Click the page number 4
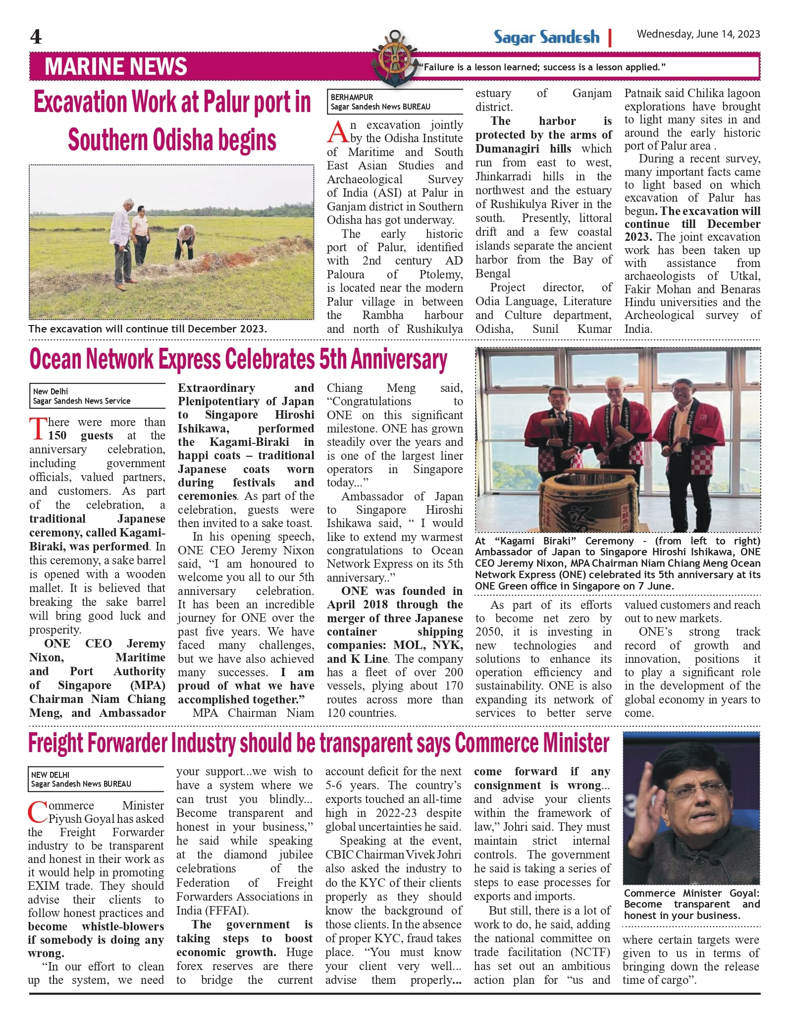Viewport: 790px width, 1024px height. coord(36,37)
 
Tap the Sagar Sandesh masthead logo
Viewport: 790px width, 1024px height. coord(546,37)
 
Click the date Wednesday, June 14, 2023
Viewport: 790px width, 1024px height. coord(698,34)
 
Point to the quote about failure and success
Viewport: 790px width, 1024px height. coord(542,67)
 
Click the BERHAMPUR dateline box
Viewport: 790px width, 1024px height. coord(394,102)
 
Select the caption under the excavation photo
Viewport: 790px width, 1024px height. coord(148,329)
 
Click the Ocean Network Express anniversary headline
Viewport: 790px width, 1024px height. coord(238,360)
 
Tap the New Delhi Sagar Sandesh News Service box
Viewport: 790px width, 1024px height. coord(97,396)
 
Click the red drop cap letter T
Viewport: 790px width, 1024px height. coord(38,429)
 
